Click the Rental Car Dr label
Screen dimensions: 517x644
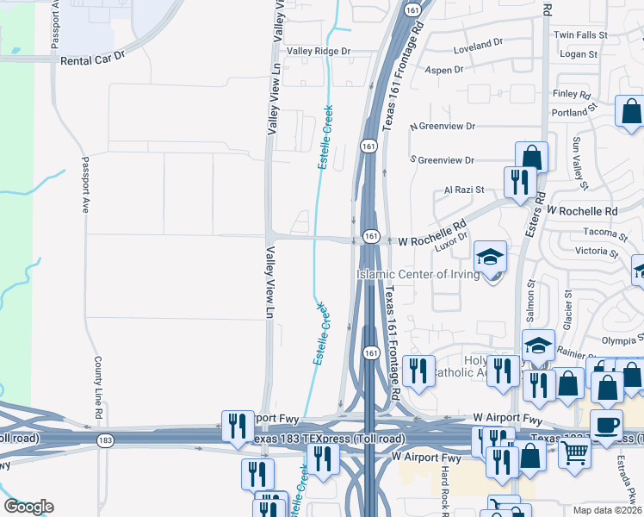(x=93, y=60)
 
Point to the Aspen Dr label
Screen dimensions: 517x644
(x=445, y=69)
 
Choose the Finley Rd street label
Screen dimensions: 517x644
(x=573, y=94)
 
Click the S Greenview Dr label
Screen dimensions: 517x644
(x=443, y=160)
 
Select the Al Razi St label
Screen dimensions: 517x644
(x=464, y=190)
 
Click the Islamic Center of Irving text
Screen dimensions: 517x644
(x=416, y=275)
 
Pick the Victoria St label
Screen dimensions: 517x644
(x=597, y=252)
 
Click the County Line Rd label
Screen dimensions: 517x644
(x=99, y=388)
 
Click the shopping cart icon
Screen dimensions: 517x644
(x=574, y=452)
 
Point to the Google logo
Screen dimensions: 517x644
(x=28, y=507)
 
